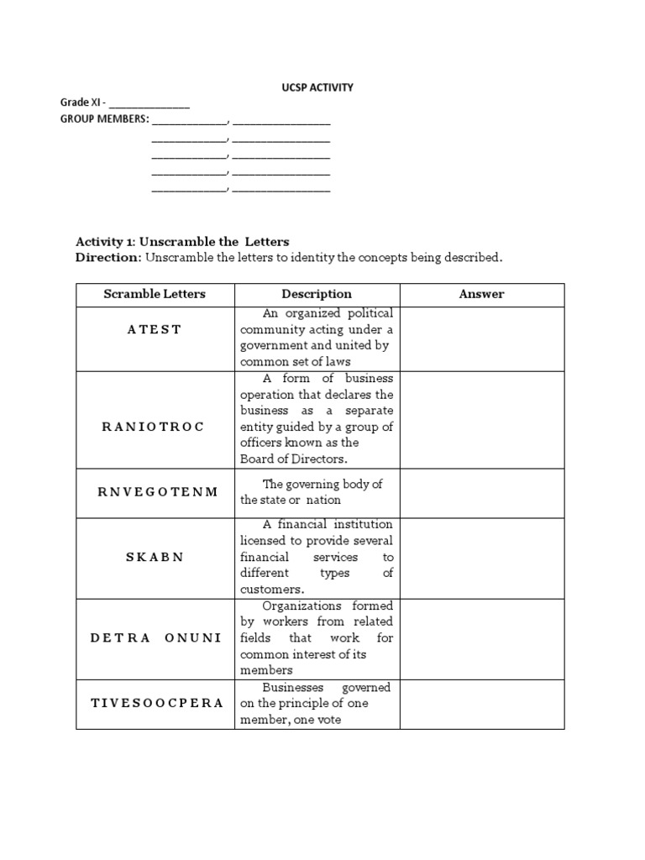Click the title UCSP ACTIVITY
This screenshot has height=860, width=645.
316,87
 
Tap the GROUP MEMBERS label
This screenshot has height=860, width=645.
104,119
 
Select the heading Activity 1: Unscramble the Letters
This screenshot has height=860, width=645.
182,241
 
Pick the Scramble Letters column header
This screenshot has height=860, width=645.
155,294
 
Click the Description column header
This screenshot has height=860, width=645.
317,294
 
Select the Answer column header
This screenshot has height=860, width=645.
481,294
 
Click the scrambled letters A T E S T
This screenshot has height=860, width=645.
155,329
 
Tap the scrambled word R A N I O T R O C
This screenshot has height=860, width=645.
153,427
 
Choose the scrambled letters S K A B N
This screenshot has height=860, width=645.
155,557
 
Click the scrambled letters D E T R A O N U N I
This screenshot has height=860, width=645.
155,637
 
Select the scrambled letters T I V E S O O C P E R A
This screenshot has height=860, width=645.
156,703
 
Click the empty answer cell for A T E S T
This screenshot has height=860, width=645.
482,338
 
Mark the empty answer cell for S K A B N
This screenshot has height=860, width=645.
482,558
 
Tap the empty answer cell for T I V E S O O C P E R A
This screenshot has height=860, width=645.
482,704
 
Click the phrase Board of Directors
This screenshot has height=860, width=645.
293,459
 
